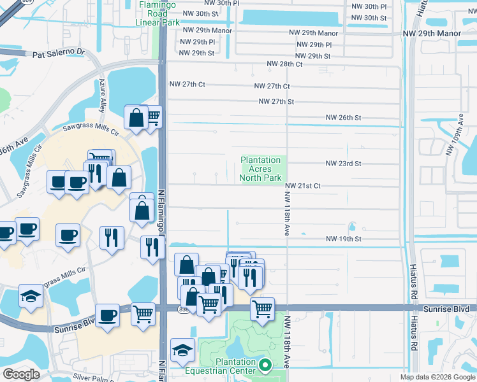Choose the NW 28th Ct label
click(284, 64)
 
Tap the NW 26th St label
click(343, 118)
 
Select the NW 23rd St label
click(343, 164)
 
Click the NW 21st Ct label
click(302, 186)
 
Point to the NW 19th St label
click(343, 239)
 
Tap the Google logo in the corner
click(20, 374)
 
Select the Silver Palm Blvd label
click(94, 377)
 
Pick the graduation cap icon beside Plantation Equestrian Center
click(182, 350)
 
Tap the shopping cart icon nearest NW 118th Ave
click(262, 309)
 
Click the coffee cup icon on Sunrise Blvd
click(107, 315)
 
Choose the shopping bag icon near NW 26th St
click(136, 117)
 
